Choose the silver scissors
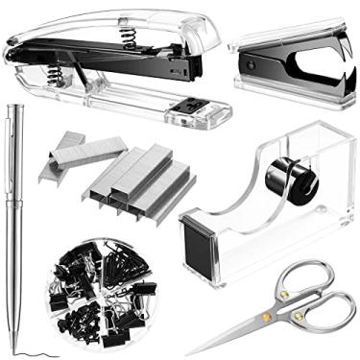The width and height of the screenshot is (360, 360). point(288,307)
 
